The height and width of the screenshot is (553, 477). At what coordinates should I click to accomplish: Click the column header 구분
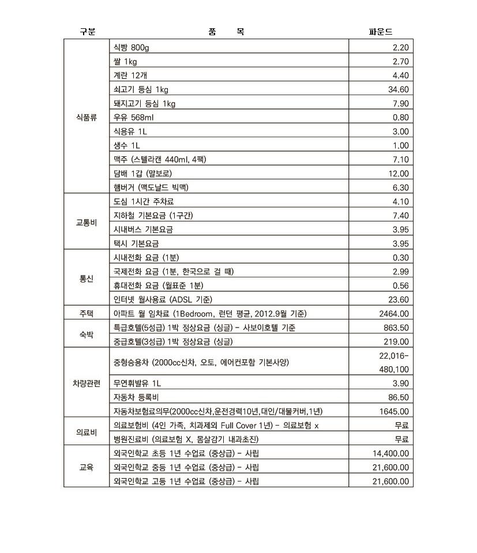88,32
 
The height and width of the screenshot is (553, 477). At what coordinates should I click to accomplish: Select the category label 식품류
87,117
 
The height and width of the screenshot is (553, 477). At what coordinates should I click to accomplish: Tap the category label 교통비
87,223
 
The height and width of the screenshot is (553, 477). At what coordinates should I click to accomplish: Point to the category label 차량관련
87,383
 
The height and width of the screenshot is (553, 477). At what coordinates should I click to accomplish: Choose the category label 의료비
87,432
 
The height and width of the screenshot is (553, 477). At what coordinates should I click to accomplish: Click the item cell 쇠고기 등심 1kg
141,89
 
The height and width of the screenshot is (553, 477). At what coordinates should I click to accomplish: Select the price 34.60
399,89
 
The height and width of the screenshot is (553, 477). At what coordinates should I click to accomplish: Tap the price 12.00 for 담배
399,174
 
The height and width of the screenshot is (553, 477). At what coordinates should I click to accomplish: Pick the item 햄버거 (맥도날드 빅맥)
151,187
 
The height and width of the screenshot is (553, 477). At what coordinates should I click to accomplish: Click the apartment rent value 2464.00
394,314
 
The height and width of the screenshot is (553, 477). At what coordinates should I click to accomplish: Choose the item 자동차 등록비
136,397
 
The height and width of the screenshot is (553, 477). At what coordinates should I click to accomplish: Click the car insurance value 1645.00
394,411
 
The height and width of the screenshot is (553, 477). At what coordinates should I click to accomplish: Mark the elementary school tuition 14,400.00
390,454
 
